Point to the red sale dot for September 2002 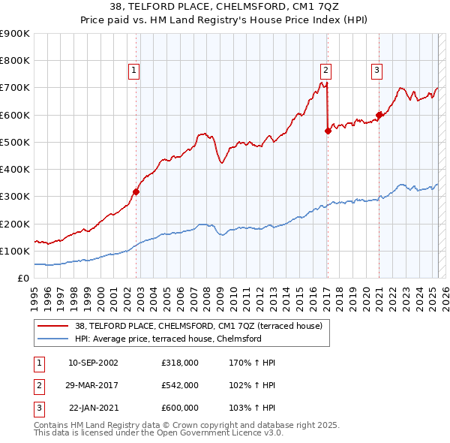(136, 191)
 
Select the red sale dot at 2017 (328, 131)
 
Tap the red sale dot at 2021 (379, 115)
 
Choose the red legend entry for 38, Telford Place (198, 326)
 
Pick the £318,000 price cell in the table (179, 363)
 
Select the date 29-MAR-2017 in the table (93, 385)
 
